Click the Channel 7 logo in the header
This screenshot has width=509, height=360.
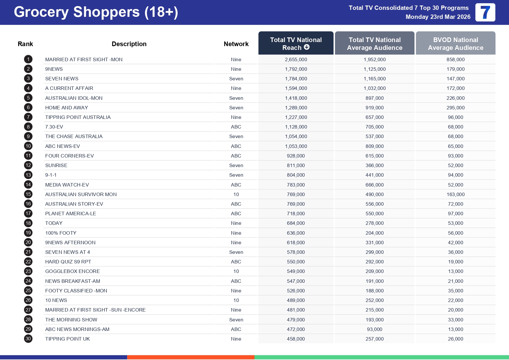pyautogui.click(x=485, y=12)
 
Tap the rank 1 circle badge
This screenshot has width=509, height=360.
pyautogui.click(x=28, y=59)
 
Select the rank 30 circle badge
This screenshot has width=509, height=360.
pyautogui.click(x=28, y=339)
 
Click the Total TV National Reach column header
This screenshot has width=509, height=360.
pyautogui.click(x=296, y=43)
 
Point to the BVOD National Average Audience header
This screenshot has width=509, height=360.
pyautogui.click(x=455, y=44)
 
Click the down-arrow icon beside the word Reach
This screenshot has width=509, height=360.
pyautogui.click(x=307, y=47)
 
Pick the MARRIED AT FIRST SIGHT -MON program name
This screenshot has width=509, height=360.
pyautogui.click(x=84, y=59)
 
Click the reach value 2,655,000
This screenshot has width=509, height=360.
pyautogui.click(x=296, y=59)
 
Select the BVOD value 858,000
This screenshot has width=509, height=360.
pyautogui.click(x=455, y=59)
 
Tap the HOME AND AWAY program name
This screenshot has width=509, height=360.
pyautogui.click(x=66, y=108)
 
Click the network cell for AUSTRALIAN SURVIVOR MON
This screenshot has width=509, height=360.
pyautogui.click(x=236, y=194)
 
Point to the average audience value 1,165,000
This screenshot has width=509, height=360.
pyautogui.click(x=374, y=79)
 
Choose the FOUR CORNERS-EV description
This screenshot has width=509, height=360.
pyautogui.click(x=69, y=156)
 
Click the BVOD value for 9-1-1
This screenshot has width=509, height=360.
pyautogui.click(x=455, y=175)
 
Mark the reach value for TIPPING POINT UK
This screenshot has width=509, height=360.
pyautogui.click(x=296, y=339)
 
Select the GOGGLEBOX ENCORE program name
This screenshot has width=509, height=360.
pyautogui.click(x=72, y=271)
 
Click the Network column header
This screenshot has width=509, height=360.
pyautogui.click(x=236, y=44)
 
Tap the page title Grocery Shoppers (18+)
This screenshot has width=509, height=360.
pyautogui.click(x=96, y=12)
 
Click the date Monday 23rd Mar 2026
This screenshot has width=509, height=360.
pyautogui.click(x=438, y=17)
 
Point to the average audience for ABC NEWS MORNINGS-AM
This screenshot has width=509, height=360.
pyautogui.click(x=374, y=329)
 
